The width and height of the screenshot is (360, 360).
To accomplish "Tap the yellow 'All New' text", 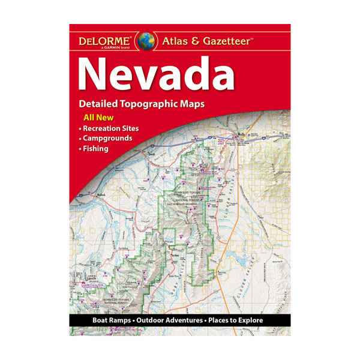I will (x=91, y=118).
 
